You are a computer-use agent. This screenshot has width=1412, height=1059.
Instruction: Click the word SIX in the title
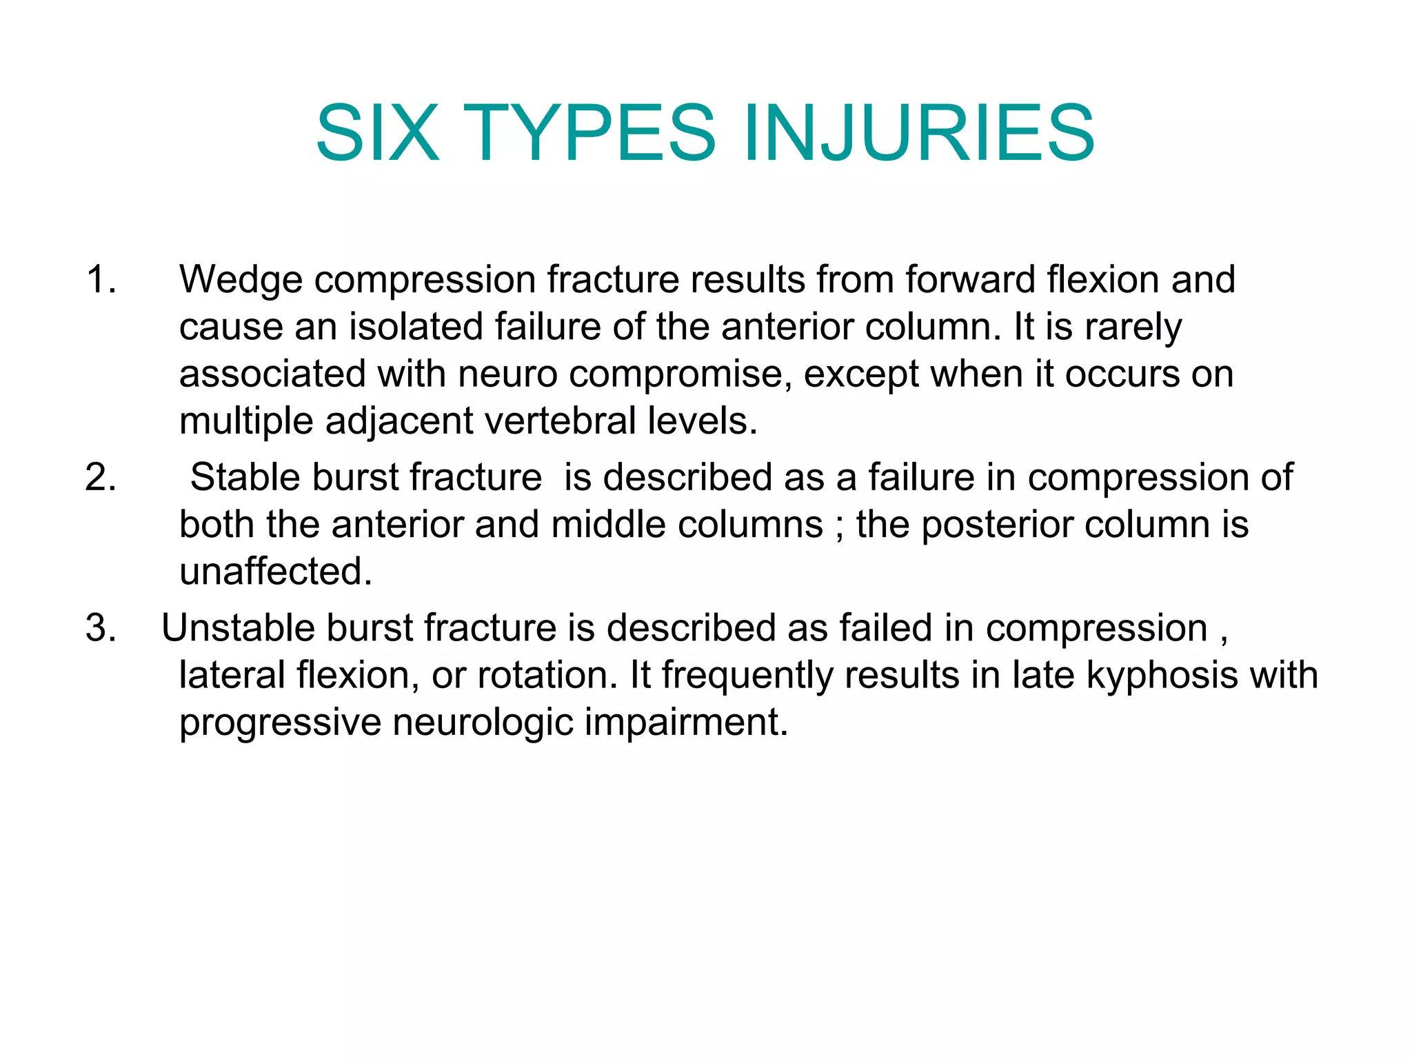[x=377, y=132]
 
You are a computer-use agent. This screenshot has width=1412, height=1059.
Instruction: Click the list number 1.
[x=101, y=280]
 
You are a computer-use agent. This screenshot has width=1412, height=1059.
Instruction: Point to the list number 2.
[x=101, y=477]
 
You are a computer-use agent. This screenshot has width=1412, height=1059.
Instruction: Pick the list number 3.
[x=101, y=628]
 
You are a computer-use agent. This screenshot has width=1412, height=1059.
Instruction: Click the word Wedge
[x=241, y=280]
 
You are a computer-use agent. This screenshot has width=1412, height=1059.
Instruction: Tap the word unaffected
[x=275, y=572]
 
